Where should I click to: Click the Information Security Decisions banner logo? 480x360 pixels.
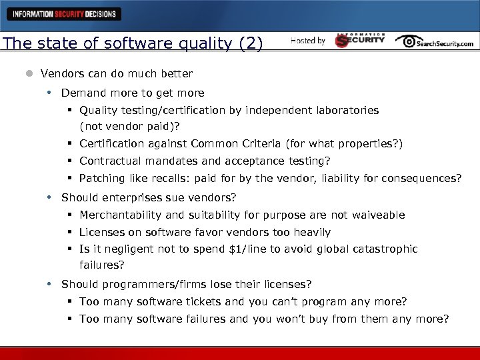[x=65, y=13]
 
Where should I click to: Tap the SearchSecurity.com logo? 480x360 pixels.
[x=434, y=41]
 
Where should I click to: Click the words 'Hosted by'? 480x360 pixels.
[x=308, y=41]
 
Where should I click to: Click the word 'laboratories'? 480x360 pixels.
[x=347, y=110]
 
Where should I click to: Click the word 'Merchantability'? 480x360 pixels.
[x=120, y=215]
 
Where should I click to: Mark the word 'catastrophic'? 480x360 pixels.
[x=386, y=249]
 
